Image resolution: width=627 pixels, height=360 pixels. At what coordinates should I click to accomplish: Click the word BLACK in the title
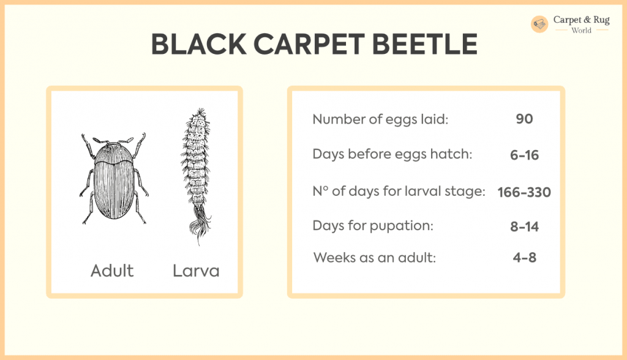[x=199, y=44]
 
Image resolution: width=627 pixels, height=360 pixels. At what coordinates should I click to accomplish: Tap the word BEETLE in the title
[x=425, y=44]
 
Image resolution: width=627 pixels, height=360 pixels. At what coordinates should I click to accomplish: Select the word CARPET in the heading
[x=309, y=44]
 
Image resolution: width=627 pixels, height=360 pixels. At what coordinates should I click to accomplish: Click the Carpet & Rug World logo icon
[x=539, y=24]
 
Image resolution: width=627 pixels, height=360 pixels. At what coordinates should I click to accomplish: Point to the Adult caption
[x=112, y=271]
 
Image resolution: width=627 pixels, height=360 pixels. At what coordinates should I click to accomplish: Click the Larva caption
[x=196, y=271]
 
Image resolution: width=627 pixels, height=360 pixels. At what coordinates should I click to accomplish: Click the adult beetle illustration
[x=114, y=178]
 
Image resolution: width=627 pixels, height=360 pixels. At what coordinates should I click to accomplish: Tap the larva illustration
[x=196, y=176]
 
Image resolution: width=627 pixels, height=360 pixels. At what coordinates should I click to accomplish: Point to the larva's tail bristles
[x=199, y=224]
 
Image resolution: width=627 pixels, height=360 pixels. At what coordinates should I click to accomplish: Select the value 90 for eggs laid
[x=524, y=119]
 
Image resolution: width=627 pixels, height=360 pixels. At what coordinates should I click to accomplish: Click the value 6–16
[x=524, y=155]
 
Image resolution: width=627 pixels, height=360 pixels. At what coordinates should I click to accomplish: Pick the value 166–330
[x=524, y=192]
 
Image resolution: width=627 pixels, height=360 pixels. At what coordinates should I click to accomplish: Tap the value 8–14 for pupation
[x=524, y=227]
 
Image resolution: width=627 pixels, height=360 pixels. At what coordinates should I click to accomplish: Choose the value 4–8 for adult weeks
[x=524, y=257]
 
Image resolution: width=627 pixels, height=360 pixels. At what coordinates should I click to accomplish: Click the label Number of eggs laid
[x=380, y=119]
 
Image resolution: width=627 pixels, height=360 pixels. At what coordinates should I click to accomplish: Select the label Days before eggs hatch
[x=392, y=154]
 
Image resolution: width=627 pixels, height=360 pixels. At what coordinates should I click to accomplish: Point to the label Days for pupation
[x=373, y=225]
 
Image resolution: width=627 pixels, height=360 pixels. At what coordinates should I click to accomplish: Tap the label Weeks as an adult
[x=375, y=258]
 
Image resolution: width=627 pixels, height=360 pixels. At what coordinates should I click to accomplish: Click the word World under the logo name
[x=582, y=31]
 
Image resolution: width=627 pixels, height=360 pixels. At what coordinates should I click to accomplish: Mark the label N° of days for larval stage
[x=399, y=191]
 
